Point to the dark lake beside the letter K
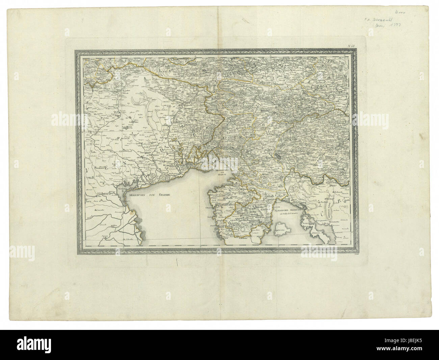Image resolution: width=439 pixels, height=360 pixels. click(278, 157)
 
